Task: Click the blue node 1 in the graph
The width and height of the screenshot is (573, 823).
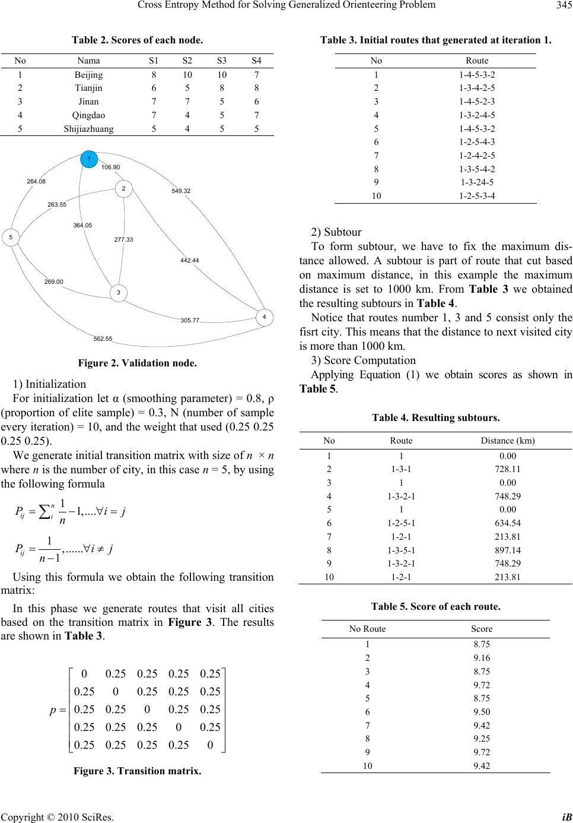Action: [x=88, y=159]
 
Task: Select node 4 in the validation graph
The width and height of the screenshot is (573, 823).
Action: [x=264, y=318]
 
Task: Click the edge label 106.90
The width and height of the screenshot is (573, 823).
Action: [x=110, y=167]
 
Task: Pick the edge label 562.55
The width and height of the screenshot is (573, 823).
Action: [x=103, y=338]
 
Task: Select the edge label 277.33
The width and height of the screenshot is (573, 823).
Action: [x=123, y=239]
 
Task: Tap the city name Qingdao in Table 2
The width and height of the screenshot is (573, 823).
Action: [x=88, y=115]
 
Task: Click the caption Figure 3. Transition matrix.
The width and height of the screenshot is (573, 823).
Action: [x=137, y=771]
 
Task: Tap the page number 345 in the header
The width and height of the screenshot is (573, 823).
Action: [x=561, y=5]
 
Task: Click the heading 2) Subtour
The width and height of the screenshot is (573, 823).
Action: [x=336, y=232]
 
